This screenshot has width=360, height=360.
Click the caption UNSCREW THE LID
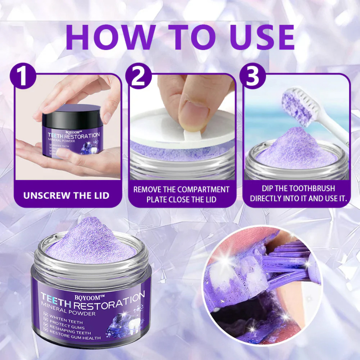[x=66, y=196]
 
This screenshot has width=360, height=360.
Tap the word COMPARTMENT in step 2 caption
[x=203, y=189]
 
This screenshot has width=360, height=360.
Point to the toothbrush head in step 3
[x=298, y=102]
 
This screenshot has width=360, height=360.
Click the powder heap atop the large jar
[x=92, y=240]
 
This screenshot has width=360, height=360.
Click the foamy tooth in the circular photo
[x=240, y=276]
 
